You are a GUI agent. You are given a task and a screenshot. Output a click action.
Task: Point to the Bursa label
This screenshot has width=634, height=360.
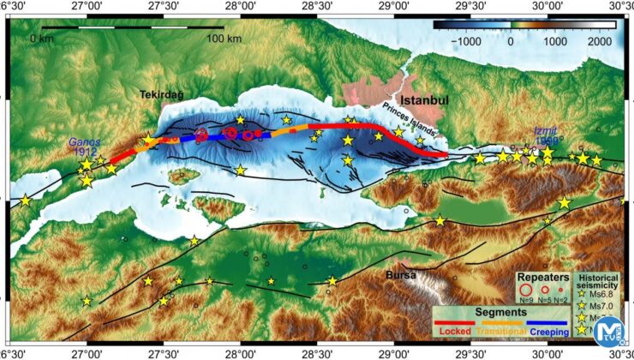(401, 275)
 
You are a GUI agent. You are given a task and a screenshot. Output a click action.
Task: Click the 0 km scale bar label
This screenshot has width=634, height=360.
(41, 39)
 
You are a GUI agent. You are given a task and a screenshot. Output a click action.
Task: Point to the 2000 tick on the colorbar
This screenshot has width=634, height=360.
(600, 39)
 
